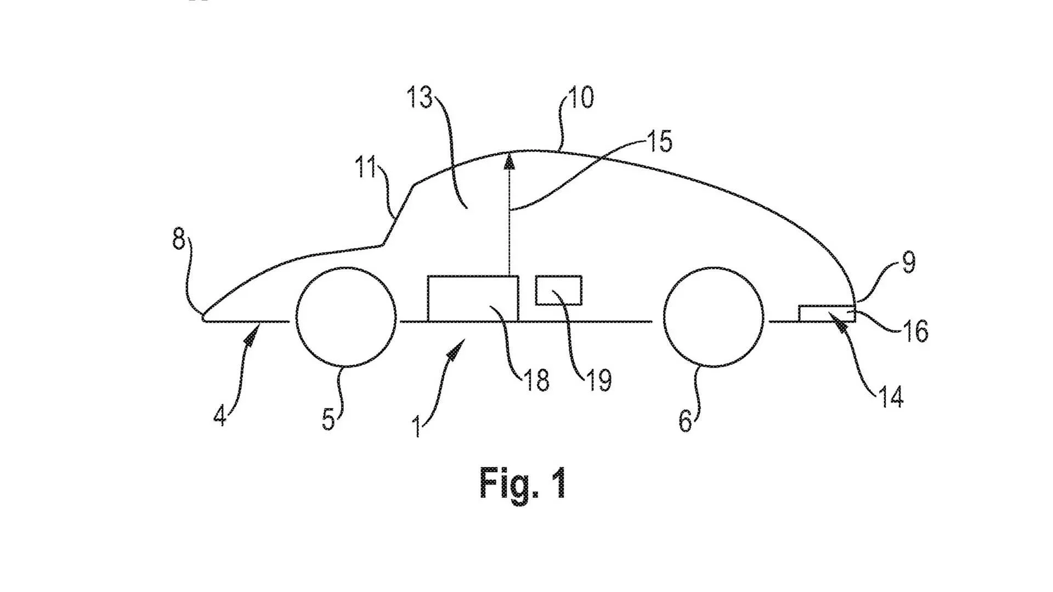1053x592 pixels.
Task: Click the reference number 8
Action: [179, 239]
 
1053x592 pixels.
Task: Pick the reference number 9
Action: [909, 263]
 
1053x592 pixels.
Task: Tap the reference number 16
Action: [915, 331]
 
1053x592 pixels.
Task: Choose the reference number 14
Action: [891, 396]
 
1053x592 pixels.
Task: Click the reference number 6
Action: [686, 420]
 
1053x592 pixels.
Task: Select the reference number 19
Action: [599, 380]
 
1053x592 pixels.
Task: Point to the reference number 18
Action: [536, 380]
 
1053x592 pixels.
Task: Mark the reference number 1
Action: [417, 426]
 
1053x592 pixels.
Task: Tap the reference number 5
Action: [328, 419]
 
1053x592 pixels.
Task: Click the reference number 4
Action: [220, 415]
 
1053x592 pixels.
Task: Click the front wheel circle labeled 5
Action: [346, 317]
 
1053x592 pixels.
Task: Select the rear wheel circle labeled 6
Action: [713, 317]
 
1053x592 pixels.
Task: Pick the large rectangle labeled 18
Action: [472, 298]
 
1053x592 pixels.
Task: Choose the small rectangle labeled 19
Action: [558, 290]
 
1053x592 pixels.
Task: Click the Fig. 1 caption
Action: [522, 482]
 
